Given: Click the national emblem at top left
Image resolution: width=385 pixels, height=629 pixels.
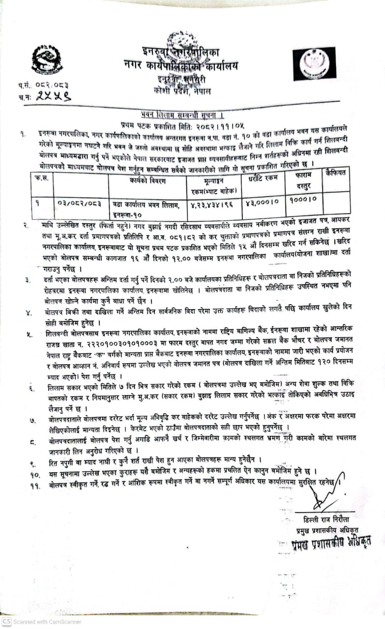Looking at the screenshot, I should point(47,59).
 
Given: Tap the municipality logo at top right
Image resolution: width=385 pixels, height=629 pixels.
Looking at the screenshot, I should point(314,64).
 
